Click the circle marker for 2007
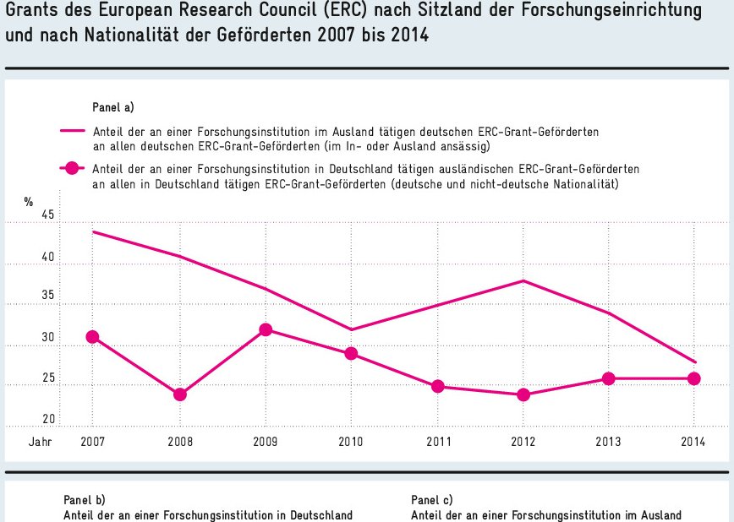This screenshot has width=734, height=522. click(x=92, y=337)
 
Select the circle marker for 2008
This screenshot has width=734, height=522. click(x=179, y=394)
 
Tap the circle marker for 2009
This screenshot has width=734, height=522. click(x=266, y=329)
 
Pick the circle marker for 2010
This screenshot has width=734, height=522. click(x=351, y=354)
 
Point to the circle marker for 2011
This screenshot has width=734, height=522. click(x=437, y=386)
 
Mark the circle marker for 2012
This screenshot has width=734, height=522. click(x=523, y=394)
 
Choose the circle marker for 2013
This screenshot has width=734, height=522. click(x=608, y=378)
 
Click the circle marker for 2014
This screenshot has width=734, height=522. click(x=694, y=378)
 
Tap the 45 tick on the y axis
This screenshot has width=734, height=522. click(x=47, y=215)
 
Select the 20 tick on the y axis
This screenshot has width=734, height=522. click(x=47, y=419)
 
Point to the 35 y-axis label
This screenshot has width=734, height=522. click(x=47, y=296)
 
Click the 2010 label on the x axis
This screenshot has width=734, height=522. click(x=351, y=442)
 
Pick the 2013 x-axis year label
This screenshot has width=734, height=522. click(x=608, y=442)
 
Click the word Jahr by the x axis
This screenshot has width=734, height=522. click(x=39, y=442)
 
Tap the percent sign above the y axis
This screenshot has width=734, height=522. click(x=29, y=202)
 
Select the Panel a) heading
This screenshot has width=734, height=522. click(x=113, y=107)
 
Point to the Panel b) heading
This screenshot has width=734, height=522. click(x=85, y=499)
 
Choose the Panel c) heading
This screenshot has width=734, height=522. click(x=431, y=499)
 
